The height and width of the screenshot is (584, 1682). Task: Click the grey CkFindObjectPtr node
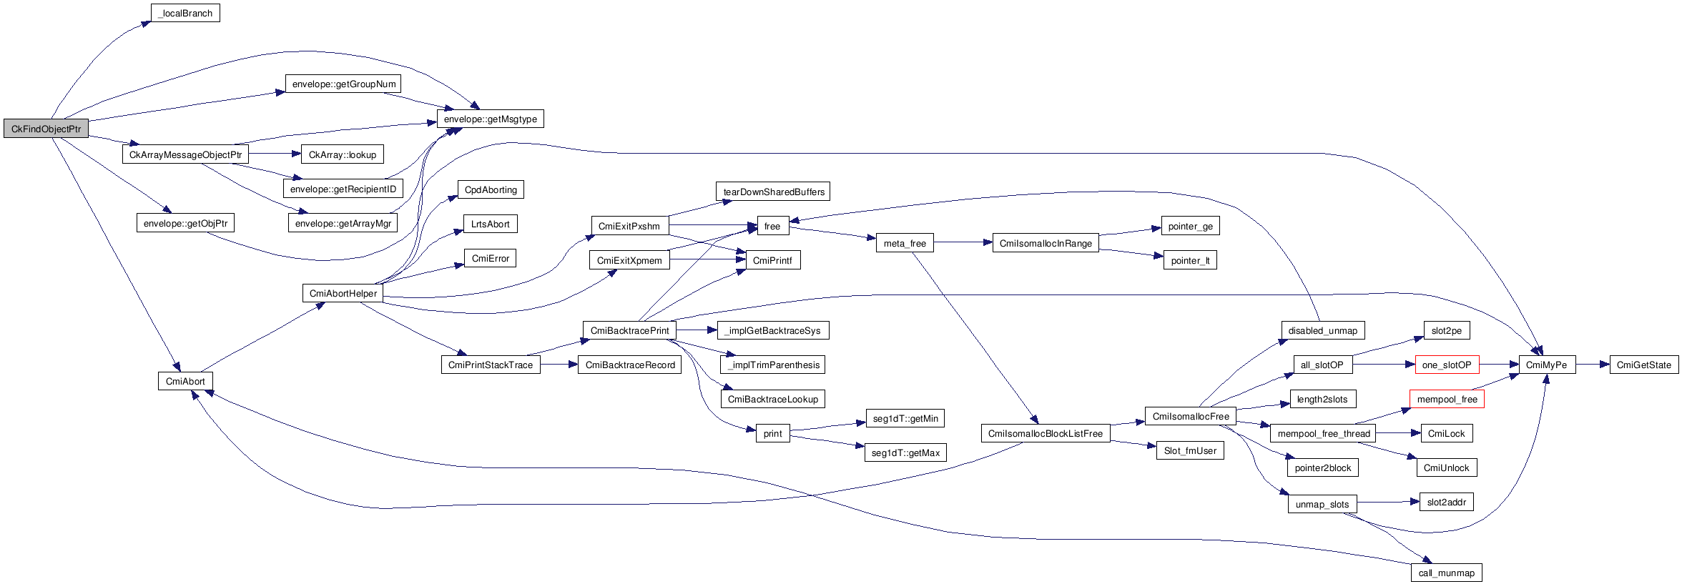tap(46, 129)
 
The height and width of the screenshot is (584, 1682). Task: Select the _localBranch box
tap(185, 14)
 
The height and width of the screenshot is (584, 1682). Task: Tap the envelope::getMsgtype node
tap(490, 119)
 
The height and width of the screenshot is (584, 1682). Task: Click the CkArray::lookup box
tap(342, 154)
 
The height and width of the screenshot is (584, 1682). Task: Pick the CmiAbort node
tap(185, 382)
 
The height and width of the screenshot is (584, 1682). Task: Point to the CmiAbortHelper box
tap(343, 294)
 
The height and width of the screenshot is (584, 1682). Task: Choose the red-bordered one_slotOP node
tap(1446, 365)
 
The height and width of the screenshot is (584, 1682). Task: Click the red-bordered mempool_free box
tap(1446, 400)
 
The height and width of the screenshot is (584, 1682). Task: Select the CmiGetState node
tap(1643, 365)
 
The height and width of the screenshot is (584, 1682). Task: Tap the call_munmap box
tap(1446, 573)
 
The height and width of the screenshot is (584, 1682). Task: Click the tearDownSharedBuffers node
tap(773, 192)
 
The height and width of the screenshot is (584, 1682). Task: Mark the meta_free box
tap(904, 244)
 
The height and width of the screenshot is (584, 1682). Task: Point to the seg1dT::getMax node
tap(905, 453)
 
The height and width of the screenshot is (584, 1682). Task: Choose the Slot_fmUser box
tap(1189, 451)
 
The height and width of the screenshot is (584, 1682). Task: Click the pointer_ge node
tap(1190, 227)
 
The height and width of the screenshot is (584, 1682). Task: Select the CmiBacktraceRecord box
tap(629, 365)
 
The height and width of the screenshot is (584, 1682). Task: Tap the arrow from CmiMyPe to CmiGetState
tap(1592, 365)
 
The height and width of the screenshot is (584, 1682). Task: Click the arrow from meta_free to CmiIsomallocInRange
tap(963, 243)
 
